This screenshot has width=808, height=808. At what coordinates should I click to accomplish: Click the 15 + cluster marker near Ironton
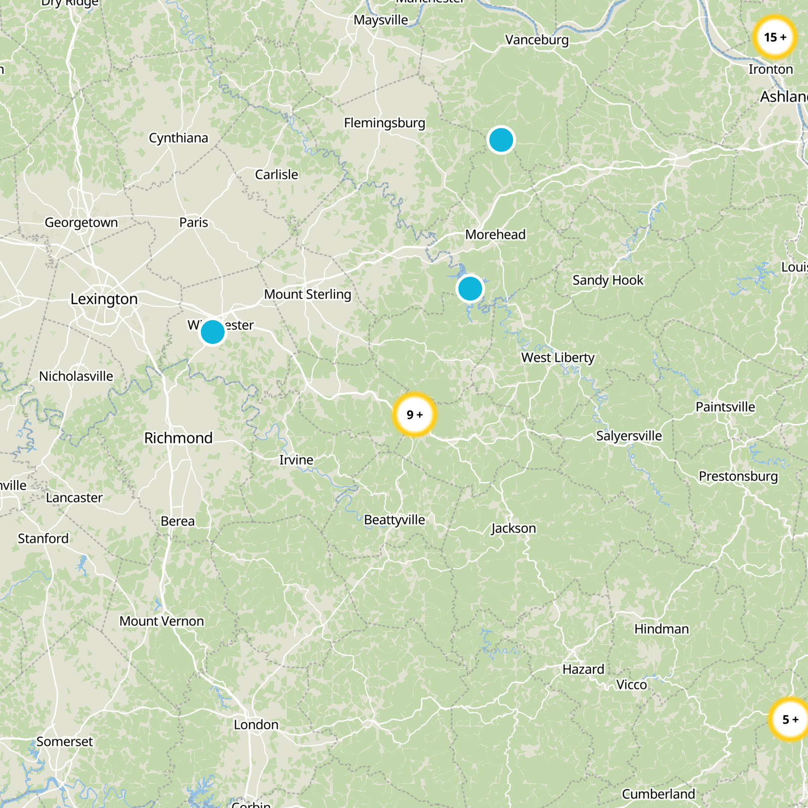[x=775, y=37]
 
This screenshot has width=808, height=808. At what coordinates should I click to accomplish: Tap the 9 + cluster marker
[x=415, y=415]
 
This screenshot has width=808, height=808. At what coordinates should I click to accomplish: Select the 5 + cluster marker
[x=789, y=719]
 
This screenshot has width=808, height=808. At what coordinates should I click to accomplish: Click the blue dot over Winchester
[x=213, y=332]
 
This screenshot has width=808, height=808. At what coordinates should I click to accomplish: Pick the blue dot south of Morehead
[x=470, y=289]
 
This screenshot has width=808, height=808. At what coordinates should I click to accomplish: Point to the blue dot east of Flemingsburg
[x=501, y=140]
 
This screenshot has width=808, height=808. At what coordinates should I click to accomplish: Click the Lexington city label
[x=104, y=299]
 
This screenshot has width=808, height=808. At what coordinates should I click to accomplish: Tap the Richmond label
[x=178, y=438]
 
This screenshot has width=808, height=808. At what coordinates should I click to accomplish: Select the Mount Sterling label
[x=308, y=294]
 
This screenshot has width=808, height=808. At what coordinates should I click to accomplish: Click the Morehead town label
[x=495, y=234]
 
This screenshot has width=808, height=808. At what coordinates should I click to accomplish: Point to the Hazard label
[x=583, y=669]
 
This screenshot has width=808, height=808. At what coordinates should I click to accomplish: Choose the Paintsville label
[x=725, y=407]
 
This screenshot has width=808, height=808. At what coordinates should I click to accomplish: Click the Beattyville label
[x=394, y=520]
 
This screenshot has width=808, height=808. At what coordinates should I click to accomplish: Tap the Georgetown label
[x=81, y=222]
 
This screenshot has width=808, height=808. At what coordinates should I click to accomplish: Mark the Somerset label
[x=65, y=741]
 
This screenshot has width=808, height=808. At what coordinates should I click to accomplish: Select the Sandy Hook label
[x=608, y=280]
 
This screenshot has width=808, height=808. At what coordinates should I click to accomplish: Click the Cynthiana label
[x=178, y=138]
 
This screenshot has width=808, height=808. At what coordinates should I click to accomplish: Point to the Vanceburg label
[x=537, y=40]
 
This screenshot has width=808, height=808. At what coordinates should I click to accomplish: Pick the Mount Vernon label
[x=162, y=621]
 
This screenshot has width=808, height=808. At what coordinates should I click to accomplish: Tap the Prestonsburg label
[x=738, y=476]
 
